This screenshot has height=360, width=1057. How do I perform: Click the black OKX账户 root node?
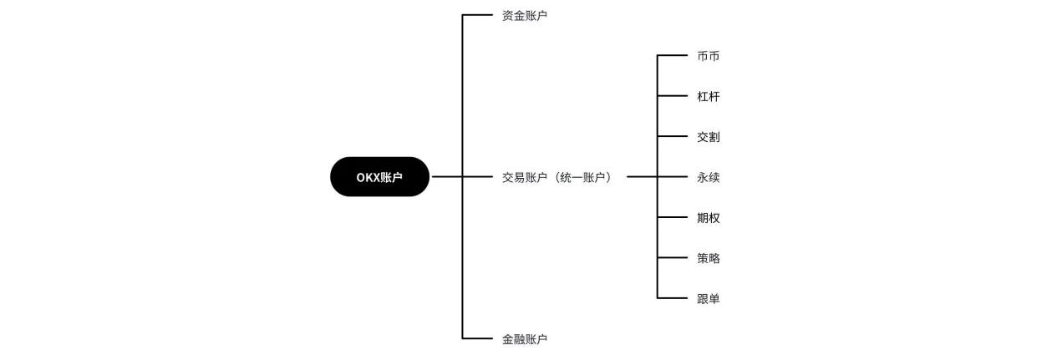[x=379, y=177]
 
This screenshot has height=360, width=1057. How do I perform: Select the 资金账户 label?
[x=525, y=16]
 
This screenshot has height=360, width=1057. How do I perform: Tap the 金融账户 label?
[x=525, y=339]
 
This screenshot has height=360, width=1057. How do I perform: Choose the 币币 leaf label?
[x=708, y=56]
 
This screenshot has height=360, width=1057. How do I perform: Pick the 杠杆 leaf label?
[x=708, y=97]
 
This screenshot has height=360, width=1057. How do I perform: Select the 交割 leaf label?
[x=708, y=137]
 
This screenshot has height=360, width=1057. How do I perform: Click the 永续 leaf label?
[x=708, y=177]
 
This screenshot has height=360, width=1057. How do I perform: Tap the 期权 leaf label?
[x=708, y=218]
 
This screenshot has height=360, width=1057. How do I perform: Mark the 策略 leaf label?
[x=708, y=258]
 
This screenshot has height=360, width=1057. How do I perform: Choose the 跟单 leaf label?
[x=708, y=298]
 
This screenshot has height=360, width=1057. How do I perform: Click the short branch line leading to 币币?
[x=672, y=56]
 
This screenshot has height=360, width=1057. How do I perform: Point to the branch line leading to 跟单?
[x=672, y=298]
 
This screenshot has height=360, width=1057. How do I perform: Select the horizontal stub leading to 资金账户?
[x=478, y=15]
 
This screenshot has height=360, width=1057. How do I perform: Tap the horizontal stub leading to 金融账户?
[x=478, y=338]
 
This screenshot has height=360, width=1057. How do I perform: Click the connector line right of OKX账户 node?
[x=446, y=177]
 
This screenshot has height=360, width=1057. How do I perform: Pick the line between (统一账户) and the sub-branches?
[x=642, y=177]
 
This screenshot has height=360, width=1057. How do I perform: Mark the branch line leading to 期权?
[x=672, y=217]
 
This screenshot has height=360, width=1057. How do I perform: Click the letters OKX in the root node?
[x=368, y=177]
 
